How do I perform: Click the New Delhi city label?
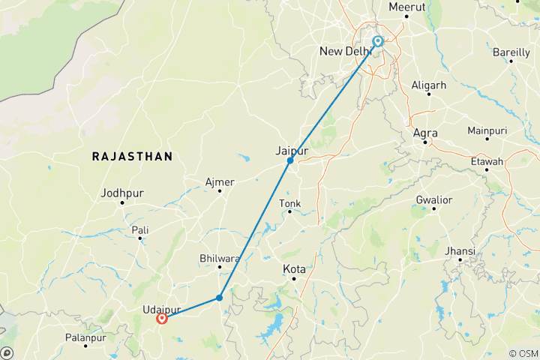click(x=346, y=51)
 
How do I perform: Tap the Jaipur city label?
click(x=292, y=151)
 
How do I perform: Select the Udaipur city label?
click(x=161, y=308)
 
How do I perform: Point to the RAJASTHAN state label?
click(x=132, y=156)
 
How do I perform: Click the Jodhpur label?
click(x=121, y=193)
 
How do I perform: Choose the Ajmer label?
click(x=220, y=182)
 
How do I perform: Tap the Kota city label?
click(x=294, y=268)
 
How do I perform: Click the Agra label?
click(x=425, y=133)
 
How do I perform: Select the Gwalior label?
click(x=433, y=200)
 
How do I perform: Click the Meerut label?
click(x=407, y=7)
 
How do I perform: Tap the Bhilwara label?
click(x=219, y=259)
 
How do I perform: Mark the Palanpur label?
click(x=85, y=338)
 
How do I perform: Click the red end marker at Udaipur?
click(x=162, y=318)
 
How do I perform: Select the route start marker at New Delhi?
click(x=378, y=41)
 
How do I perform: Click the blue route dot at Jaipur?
click(x=290, y=160)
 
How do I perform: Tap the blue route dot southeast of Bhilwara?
click(x=219, y=298)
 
